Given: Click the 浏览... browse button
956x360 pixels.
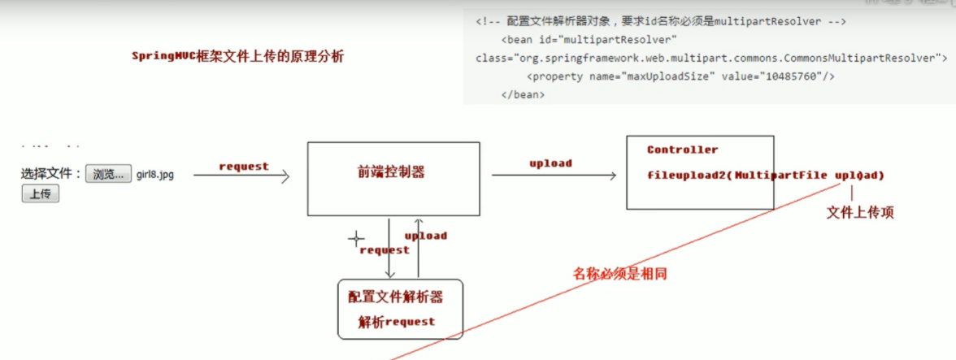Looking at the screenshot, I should [x=108, y=174].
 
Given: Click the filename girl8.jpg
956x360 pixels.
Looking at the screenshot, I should [x=154, y=175].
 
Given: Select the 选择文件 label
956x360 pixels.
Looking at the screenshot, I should [x=50, y=174].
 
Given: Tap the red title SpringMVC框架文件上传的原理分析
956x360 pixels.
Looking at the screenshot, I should [x=238, y=57].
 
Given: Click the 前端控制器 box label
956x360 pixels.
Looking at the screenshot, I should [x=391, y=172].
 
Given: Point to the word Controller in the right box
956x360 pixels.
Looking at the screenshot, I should [x=682, y=150].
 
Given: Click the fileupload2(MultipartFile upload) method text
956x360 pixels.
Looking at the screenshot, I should [x=765, y=176].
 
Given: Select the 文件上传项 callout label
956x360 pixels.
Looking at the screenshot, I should [x=860, y=212].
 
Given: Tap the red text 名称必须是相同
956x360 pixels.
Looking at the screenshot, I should [x=619, y=274].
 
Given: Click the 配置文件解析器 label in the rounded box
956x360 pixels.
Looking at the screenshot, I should [x=396, y=297].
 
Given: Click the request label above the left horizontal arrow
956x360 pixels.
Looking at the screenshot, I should [x=244, y=167].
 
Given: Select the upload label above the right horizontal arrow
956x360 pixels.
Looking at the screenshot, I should [x=550, y=163].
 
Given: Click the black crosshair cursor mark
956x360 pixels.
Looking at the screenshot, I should [x=356, y=239].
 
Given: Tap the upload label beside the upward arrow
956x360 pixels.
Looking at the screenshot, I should [x=426, y=236].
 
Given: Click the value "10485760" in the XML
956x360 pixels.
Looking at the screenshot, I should [x=789, y=76].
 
